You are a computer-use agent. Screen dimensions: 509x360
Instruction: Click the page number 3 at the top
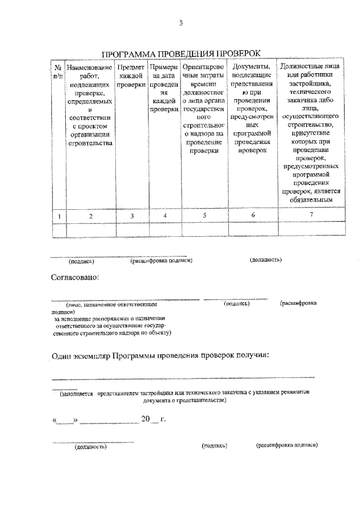pos(181,23)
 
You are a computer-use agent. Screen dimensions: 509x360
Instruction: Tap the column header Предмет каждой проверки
pos(131,76)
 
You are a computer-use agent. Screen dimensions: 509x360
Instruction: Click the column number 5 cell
pos(204,215)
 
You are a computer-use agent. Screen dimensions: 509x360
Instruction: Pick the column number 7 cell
pos(311,215)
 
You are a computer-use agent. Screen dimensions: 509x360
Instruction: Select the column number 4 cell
pos(164,215)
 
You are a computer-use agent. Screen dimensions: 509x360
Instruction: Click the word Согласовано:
pos(75,277)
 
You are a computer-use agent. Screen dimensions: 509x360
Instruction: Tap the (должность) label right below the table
pos(265,260)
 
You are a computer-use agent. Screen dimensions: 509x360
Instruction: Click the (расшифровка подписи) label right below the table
pos(161,260)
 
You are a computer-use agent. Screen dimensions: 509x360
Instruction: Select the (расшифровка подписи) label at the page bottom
pos(286,445)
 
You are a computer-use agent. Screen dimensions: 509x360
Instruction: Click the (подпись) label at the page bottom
pos(214,445)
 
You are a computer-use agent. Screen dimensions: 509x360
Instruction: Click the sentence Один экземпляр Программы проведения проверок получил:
pos(160,355)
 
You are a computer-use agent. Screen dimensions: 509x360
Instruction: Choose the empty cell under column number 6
pos(253,229)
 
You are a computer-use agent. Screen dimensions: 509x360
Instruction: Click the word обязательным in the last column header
pos(311,199)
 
